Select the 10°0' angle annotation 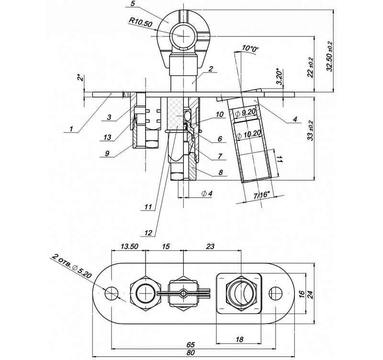pos(250,48)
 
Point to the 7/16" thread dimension pos(261,195)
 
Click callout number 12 pos(148,232)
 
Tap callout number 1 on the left pos(71,128)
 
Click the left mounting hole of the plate pos(112,292)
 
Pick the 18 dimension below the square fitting pos(239,339)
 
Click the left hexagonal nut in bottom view pos(144,292)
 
